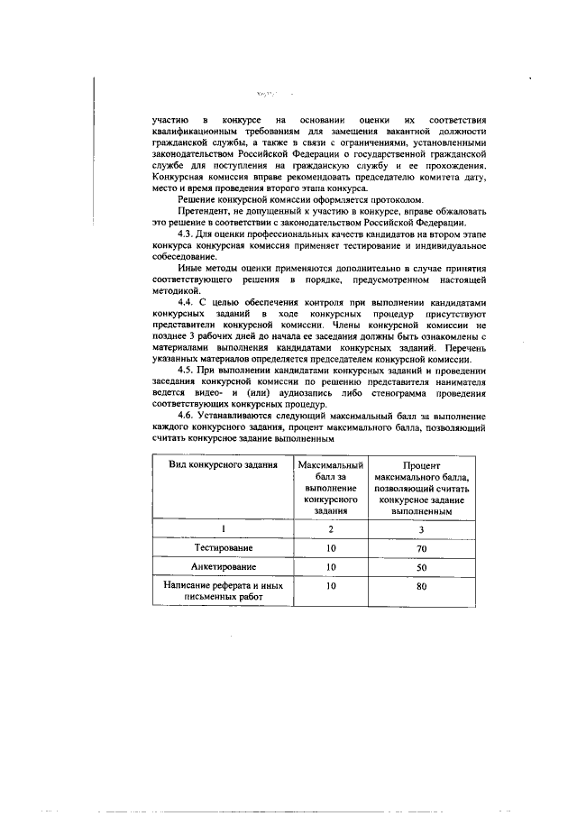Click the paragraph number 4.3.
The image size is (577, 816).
(187, 234)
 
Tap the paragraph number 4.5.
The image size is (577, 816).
(187, 371)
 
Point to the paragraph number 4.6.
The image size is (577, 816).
(187, 417)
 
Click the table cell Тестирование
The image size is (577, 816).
(222, 547)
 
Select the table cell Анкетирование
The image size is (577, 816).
(222, 567)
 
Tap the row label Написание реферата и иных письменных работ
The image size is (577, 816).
(222, 591)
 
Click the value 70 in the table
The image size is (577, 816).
(420, 547)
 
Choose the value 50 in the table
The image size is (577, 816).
(420, 567)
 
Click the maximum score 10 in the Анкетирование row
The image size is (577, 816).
(331, 567)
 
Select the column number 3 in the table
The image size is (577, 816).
(420, 529)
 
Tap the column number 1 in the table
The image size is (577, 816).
(222, 529)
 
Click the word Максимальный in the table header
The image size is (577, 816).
(331, 463)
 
